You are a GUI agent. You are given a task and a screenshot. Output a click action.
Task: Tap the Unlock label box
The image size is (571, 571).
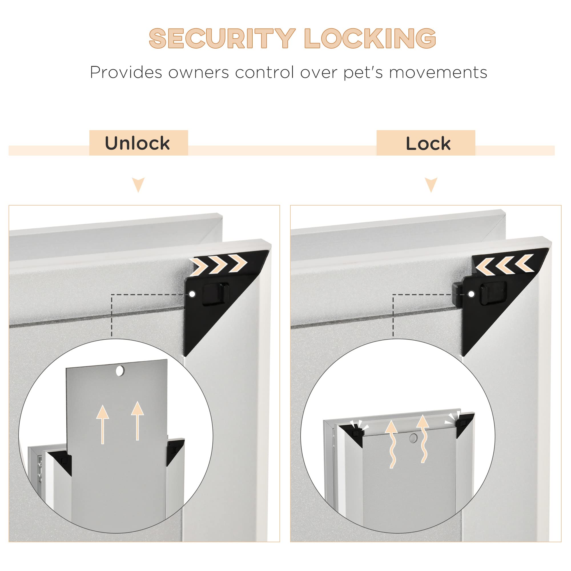[x=139, y=143]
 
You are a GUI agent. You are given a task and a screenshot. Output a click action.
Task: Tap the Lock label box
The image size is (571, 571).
[x=426, y=143]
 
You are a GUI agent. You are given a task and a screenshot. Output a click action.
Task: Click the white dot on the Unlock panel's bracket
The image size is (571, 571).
[x=192, y=294]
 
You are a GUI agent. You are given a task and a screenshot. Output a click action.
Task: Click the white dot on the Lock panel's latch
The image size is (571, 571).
[x=471, y=294]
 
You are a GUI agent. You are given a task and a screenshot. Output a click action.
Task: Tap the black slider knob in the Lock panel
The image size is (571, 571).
[x=494, y=293]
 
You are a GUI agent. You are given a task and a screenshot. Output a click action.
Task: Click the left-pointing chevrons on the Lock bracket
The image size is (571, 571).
[x=504, y=264]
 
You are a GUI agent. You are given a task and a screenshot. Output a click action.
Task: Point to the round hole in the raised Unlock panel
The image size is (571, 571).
[x=120, y=371]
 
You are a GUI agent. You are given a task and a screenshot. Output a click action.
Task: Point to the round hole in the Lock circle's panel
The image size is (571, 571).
[x=413, y=438]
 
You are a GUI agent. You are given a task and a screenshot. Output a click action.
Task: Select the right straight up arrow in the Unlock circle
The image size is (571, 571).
[x=137, y=421]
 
